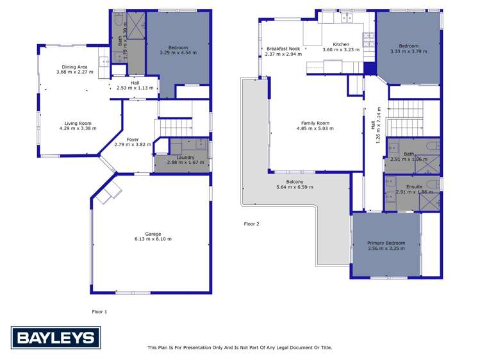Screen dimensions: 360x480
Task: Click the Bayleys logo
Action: click(54, 338)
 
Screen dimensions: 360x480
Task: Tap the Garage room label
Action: click(153, 234)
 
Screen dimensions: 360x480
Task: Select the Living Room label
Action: click(77, 124)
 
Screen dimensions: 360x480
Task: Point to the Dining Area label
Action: click(75, 67)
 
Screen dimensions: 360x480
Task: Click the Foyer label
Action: click(133, 139)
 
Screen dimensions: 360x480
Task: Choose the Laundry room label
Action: click(181, 157)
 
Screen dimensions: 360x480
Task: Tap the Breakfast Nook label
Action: click(283, 49)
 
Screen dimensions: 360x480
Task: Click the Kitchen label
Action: click(336, 44)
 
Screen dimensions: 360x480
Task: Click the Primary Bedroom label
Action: click(386, 243)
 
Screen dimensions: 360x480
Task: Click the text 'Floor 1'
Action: click(100, 311)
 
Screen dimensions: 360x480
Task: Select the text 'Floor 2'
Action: click(252, 224)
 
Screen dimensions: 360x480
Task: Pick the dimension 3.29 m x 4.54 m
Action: click(178, 53)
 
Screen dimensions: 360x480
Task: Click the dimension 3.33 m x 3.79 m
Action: click(409, 51)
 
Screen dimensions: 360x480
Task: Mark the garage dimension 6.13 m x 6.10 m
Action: click(153, 239)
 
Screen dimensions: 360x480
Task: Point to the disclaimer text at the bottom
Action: click(240, 348)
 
